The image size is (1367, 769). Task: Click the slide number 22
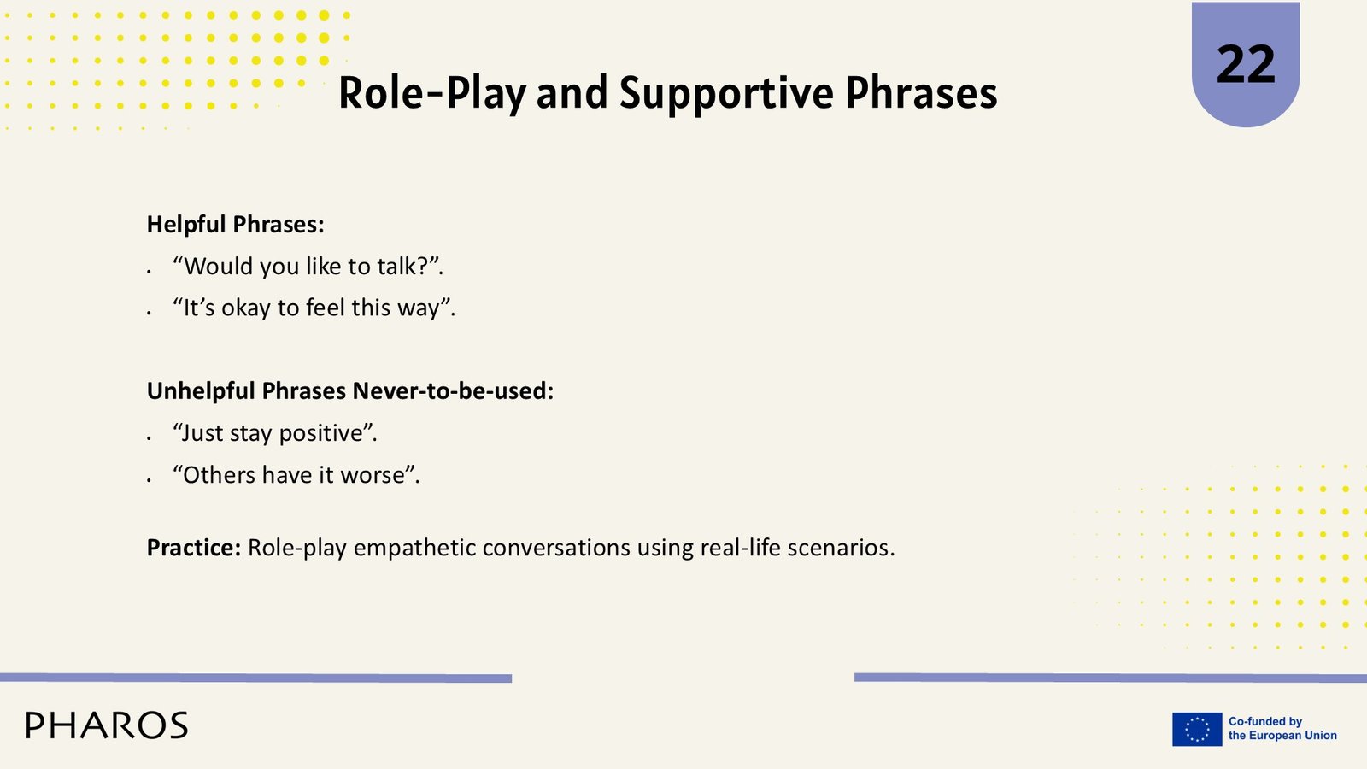tap(1246, 65)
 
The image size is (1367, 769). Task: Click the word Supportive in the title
tap(725, 93)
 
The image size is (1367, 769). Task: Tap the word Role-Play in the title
tap(431, 93)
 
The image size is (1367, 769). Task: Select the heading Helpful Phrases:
tap(235, 225)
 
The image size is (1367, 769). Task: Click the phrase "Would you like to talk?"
tap(308, 267)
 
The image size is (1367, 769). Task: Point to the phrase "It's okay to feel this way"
tap(314, 308)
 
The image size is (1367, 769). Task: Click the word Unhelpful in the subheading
tap(201, 391)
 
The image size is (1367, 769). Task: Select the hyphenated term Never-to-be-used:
tap(453, 391)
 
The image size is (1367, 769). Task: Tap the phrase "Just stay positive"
tap(274, 433)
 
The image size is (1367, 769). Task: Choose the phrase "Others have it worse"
tap(296, 475)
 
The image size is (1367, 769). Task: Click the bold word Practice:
tap(194, 548)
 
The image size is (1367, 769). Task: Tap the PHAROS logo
tap(107, 725)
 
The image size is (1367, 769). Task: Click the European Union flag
tap(1197, 729)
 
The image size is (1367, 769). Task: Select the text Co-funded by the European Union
tap(1282, 729)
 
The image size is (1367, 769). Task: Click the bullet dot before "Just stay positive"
tap(149, 437)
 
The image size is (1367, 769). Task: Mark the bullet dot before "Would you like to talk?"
tap(149, 271)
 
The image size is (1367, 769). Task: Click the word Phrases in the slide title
tap(921, 93)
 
